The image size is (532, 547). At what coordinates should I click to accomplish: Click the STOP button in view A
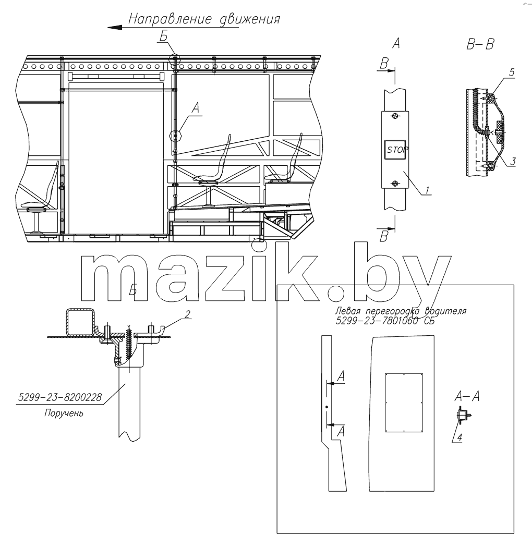pos(395,150)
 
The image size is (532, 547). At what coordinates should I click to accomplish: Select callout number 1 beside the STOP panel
pos(427,190)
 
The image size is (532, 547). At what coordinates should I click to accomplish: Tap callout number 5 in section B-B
pos(512,72)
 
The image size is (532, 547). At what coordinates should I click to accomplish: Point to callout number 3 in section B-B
pos(513,161)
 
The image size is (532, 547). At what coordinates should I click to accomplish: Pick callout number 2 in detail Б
pos(187,314)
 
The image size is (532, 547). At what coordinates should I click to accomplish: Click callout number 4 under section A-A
pos(460,437)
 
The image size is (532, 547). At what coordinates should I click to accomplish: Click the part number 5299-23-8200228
pos(59,397)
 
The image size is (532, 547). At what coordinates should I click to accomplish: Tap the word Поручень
pos(64,414)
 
